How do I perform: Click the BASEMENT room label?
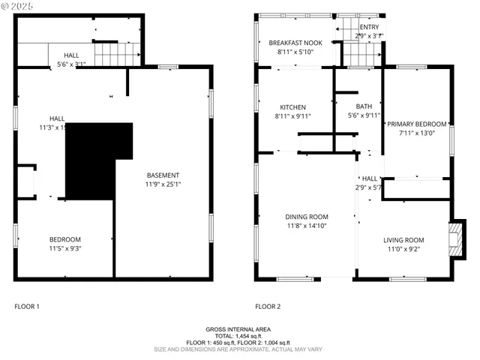(x=162, y=175)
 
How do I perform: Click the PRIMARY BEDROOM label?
(x=416, y=124)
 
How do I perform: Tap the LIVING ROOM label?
(x=403, y=240)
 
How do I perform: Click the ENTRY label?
(x=369, y=27)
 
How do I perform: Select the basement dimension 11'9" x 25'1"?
(x=162, y=184)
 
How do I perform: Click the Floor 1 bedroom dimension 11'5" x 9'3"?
(x=64, y=248)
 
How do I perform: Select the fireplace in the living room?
(x=455, y=238)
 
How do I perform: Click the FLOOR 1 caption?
(x=27, y=306)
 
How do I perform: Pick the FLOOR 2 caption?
(x=268, y=306)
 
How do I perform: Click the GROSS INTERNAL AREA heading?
(x=238, y=329)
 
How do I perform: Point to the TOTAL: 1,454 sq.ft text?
(x=238, y=336)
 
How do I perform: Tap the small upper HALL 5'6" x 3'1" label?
(x=71, y=59)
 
